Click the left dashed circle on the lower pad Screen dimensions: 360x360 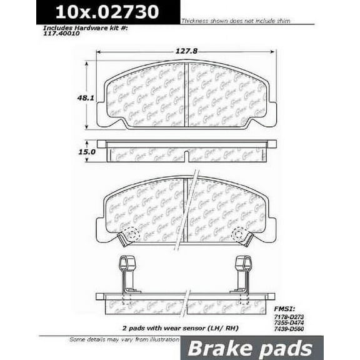pos(131,234)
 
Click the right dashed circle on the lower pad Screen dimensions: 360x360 pos(239,234)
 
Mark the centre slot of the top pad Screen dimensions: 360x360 pos(186,94)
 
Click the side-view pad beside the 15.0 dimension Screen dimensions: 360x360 pos(186,152)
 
